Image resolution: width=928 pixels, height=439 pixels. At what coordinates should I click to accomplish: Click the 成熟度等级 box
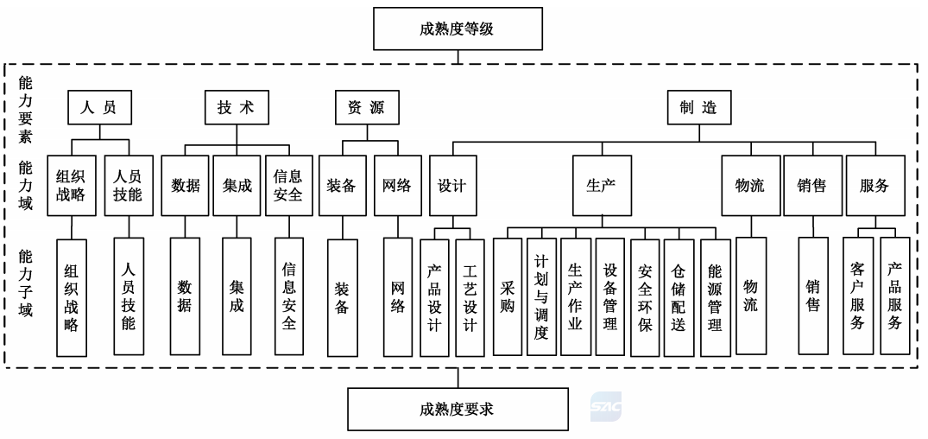[458, 29]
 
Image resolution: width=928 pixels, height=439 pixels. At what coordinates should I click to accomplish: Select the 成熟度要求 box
[458, 409]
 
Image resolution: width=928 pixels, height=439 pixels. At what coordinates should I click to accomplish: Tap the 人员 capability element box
[98, 107]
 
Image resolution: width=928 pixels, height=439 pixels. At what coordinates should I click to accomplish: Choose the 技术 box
[237, 107]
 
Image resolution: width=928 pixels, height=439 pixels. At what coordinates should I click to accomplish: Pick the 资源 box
[366, 107]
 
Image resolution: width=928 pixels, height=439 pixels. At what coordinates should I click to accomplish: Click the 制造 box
[699, 107]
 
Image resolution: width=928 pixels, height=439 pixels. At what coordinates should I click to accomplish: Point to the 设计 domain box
[452, 186]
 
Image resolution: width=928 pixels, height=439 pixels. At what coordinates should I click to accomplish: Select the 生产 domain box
[602, 186]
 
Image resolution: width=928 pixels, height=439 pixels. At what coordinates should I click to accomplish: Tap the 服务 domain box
[875, 186]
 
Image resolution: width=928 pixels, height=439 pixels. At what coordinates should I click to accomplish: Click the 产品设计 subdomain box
[434, 297]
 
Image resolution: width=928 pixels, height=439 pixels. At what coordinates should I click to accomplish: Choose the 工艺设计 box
[470, 297]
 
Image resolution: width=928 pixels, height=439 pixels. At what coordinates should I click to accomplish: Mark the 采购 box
[508, 296]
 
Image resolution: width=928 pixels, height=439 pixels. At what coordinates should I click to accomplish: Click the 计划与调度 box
[541, 296]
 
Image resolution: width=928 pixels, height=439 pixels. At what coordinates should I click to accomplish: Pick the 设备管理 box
[610, 296]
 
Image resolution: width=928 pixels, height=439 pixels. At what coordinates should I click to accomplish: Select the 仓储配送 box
[679, 297]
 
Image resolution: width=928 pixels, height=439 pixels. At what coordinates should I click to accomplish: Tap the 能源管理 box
[716, 297]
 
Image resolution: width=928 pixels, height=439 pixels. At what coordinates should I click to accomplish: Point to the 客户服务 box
[857, 296]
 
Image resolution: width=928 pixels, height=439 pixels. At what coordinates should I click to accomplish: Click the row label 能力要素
[25, 110]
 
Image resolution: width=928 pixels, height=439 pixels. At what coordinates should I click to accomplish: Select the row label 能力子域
[25, 283]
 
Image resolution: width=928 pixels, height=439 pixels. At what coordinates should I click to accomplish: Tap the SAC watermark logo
[605, 406]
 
